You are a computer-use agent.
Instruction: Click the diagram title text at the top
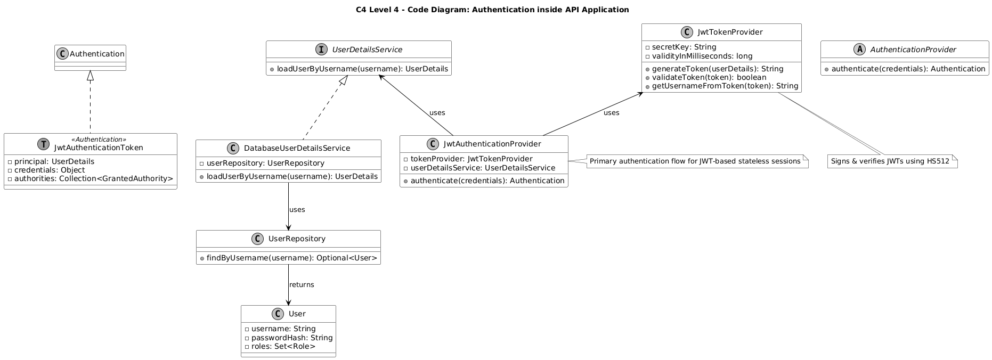[x=495, y=10]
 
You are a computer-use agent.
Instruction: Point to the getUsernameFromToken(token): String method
[x=724, y=86]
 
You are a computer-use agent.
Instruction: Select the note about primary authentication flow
[x=695, y=161]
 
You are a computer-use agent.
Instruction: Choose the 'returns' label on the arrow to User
[x=302, y=285]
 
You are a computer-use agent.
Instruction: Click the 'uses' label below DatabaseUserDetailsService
[x=297, y=210]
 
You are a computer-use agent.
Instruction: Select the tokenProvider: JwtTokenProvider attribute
[x=471, y=159]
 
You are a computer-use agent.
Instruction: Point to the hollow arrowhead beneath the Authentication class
[x=90, y=76]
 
